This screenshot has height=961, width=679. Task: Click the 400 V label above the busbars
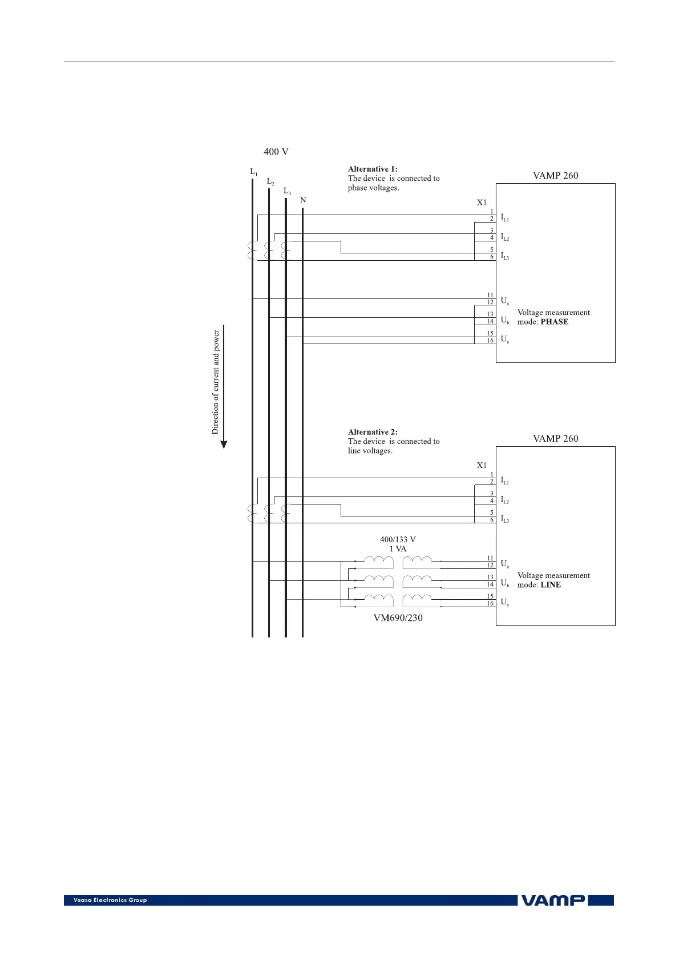coord(276,152)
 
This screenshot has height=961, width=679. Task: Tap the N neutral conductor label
coord(303,200)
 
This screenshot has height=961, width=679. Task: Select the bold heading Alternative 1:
coord(373,169)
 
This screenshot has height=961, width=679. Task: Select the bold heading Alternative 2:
coord(373,432)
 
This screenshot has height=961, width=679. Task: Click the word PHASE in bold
coord(555,322)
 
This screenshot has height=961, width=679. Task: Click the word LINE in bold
coord(551,585)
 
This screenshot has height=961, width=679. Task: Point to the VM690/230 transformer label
coord(398,618)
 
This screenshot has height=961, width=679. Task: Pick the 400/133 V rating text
coord(398,539)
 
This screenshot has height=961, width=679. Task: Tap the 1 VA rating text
coord(398,549)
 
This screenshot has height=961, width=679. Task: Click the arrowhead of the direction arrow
coord(224,445)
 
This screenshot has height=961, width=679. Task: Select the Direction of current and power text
coord(216,382)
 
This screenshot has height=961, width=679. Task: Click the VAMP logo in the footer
coord(553,900)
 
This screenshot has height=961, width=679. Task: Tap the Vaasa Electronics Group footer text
coord(110,900)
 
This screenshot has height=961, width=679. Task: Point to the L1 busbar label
coord(253,172)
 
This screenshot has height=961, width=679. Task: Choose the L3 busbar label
coord(287,191)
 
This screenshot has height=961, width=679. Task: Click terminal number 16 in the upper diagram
coord(490,341)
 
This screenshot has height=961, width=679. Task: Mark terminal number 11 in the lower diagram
coord(490,558)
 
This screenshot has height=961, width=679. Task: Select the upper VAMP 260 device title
coord(555,176)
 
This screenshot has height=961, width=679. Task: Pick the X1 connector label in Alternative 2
coord(482,465)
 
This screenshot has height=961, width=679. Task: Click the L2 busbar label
coord(270,181)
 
